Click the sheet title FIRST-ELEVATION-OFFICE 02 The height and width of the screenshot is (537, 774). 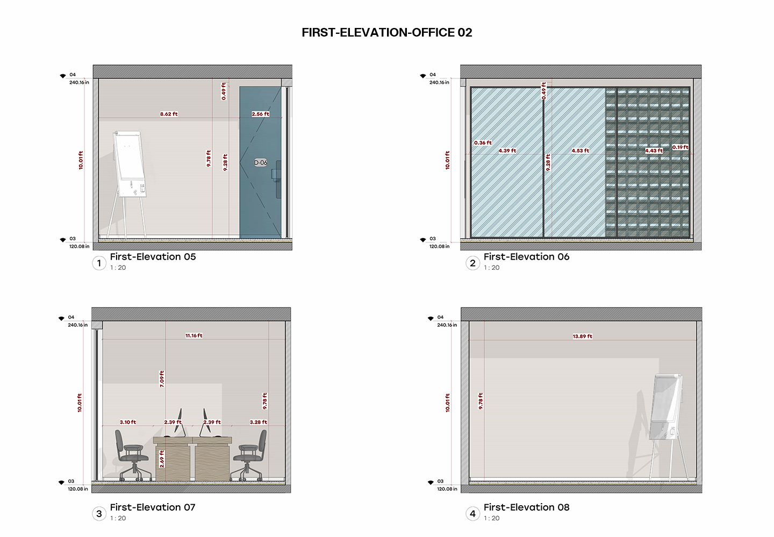[x=386, y=32]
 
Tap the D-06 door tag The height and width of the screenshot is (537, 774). [x=261, y=162]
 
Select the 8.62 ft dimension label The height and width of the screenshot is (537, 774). [x=169, y=114]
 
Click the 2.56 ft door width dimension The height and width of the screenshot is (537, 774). [x=260, y=114]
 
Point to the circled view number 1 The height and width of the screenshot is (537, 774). [x=99, y=263]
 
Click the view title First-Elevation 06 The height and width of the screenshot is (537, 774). [x=526, y=257]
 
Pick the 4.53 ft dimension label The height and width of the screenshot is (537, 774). [x=580, y=151]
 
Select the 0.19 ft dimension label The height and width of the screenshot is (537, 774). [x=680, y=147]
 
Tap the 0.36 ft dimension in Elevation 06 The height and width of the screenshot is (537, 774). [x=483, y=143]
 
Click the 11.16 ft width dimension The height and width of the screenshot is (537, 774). [x=194, y=335]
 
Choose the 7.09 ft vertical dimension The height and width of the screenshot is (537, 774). [x=162, y=379]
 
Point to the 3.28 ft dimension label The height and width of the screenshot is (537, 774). [x=259, y=422]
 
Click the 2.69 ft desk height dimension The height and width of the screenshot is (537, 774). [x=162, y=459]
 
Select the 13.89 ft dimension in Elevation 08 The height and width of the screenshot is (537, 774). [x=583, y=336]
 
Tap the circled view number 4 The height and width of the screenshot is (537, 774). [x=472, y=513]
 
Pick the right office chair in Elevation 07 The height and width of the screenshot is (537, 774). [x=249, y=455]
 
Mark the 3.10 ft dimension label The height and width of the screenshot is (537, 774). [x=128, y=422]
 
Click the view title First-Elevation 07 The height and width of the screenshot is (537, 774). [x=153, y=507]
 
